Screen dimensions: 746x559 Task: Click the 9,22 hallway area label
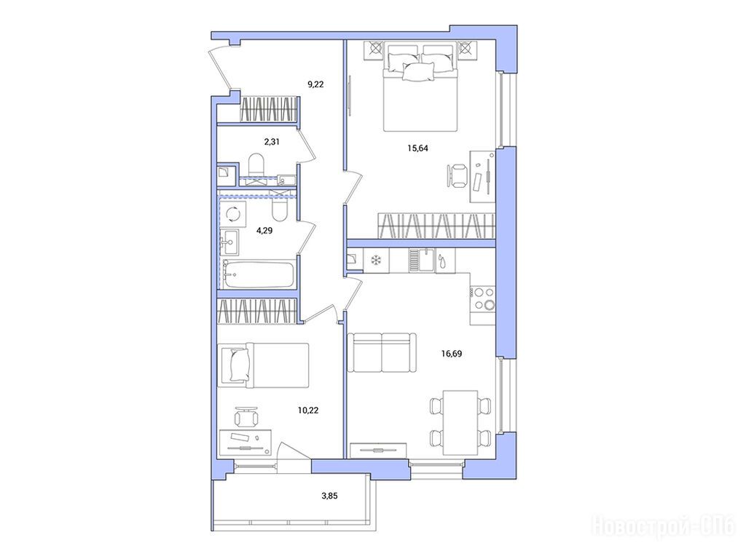pyautogui.click(x=315, y=84)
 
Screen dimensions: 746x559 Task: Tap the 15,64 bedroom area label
pyautogui.click(x=417, y=148)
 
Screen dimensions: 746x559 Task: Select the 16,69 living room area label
pyautogui.click(x=451, y=354)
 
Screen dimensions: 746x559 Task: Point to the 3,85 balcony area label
pyautogui.click(x=329, y=496)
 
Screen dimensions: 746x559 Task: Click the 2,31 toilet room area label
pyautogui.click(x=272, y=141)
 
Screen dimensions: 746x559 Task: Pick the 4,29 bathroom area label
pyautogui.click(x=264, y=231)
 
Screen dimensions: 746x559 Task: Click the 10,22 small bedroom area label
pyautogui.click(x=308, y=410)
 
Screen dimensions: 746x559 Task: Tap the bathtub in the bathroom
pyautogui.click(x=259, y=274)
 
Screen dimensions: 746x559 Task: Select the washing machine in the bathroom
pyautogui.click(x=233, y=214)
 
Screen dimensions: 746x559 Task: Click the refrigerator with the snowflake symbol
pyautogui.click(x=377, y=260)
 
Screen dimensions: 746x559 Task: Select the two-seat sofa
pyautogui.click(x=382, y=353)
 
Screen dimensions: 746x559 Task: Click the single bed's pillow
pyautogui.click(x=240, y=365)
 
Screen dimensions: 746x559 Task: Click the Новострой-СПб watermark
pyautogui.click(x=663, y=527)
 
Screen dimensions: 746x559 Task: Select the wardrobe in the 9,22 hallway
pyautogui.click(x=268, y=110)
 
